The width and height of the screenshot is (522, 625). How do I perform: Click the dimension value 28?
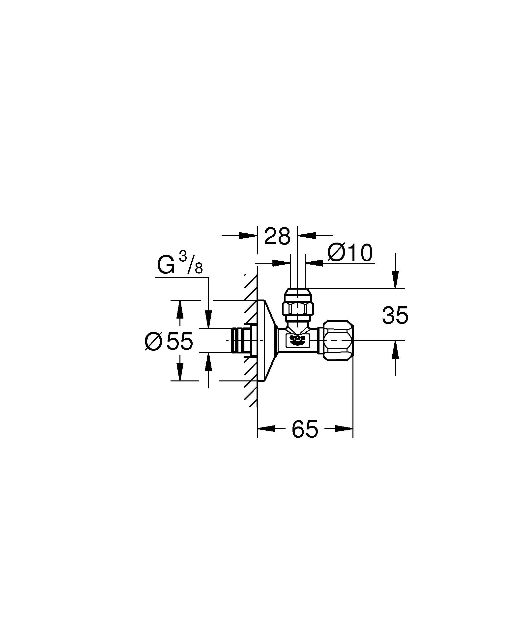click(277, 237)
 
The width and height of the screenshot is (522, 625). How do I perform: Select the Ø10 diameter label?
click(350, 253)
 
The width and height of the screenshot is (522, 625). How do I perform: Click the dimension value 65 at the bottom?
click(305, 429)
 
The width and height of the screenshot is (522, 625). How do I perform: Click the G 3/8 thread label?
click(180, 265)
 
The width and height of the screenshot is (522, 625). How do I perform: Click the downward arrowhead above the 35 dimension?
click(395, 281)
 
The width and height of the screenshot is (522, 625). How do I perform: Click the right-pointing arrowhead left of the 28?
click(248, 235)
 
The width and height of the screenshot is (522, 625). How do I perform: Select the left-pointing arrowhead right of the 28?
click(307, 235)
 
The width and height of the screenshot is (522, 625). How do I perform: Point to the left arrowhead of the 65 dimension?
click(266, 428)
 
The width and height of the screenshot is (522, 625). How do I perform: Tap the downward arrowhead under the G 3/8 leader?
click(208, 319)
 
